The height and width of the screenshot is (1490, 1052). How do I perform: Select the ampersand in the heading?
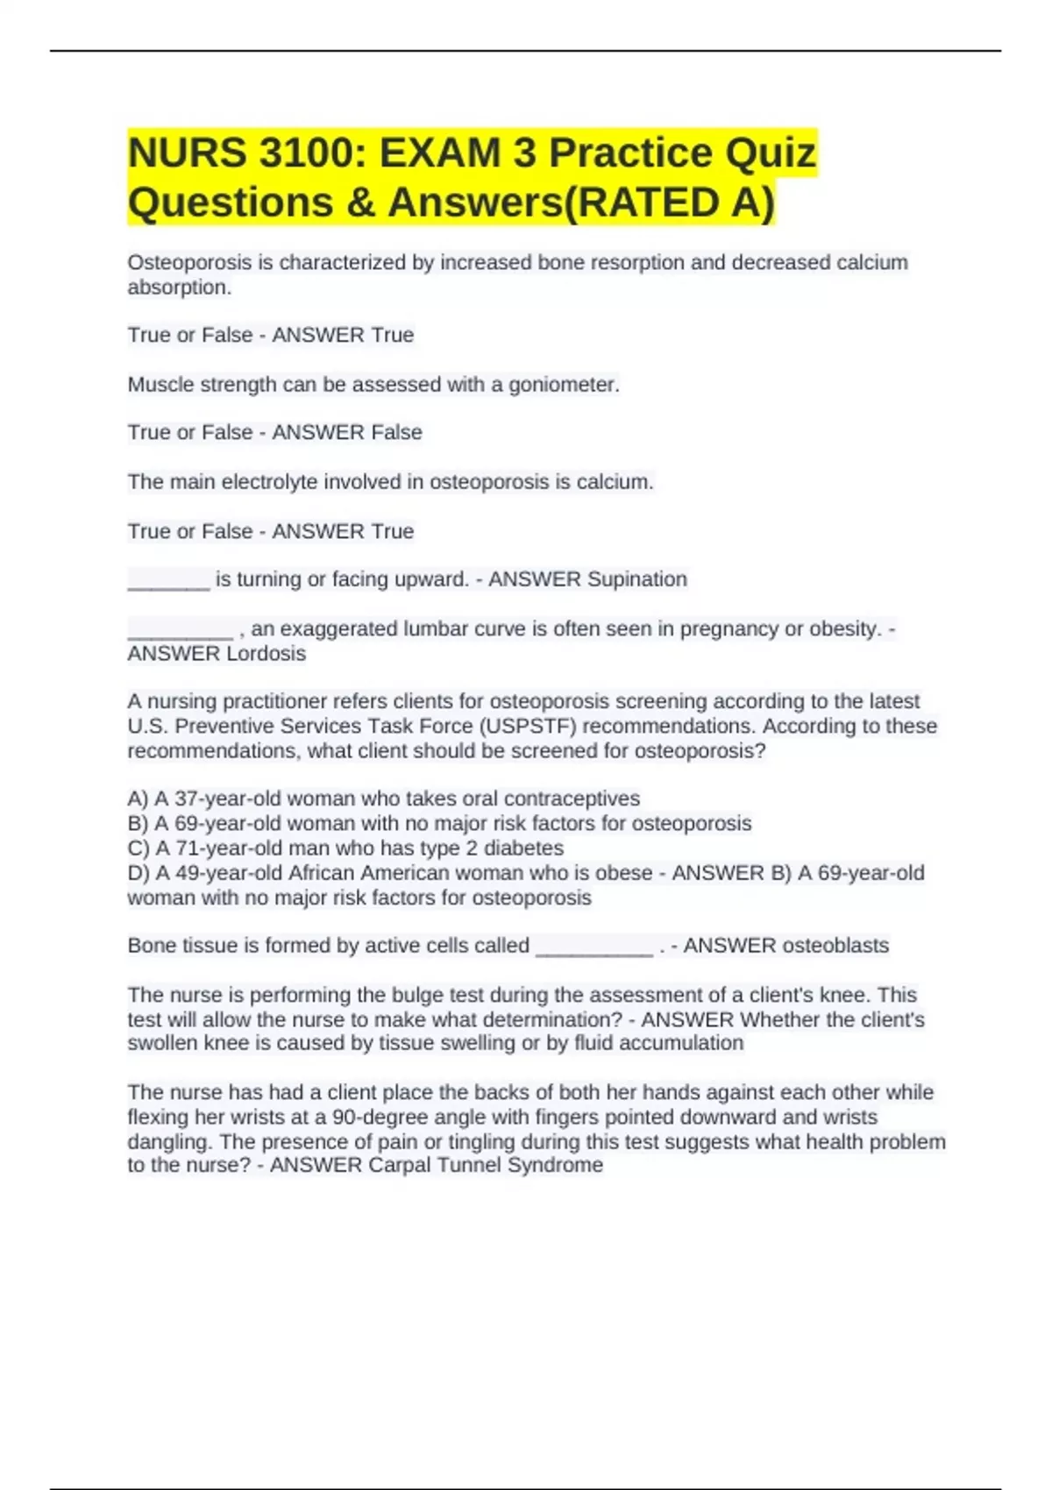coord(357,202)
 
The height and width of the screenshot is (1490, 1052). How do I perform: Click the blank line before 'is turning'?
coord(168,582)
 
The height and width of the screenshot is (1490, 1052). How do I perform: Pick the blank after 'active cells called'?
coord(594,948)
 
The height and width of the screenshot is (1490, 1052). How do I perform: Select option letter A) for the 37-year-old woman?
coord(138,798)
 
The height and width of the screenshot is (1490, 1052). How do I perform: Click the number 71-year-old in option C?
coord(216,848)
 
